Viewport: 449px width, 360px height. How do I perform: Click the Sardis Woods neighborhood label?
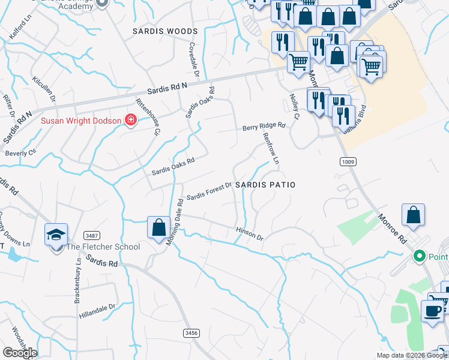[166, 31]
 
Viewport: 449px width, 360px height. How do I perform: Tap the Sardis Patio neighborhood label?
[265, 185]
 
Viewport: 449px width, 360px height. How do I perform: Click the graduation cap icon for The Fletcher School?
[56, 235]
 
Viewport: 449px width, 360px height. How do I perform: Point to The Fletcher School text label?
[103, 247]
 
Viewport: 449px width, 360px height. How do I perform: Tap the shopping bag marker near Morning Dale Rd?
[158, 228]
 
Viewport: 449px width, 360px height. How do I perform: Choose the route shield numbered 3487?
[92, 235]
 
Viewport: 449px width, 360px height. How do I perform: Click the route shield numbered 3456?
[191, 332]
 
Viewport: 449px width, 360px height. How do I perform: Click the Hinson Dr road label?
[250, 233]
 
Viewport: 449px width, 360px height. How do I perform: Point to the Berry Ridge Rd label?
[264, 127]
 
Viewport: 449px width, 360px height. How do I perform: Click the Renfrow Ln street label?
[271, 149]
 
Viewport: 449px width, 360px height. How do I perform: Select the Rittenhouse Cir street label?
[148, 116]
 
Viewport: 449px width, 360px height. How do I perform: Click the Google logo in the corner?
[19, 353]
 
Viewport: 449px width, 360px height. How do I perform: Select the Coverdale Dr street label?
[194, 56]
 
